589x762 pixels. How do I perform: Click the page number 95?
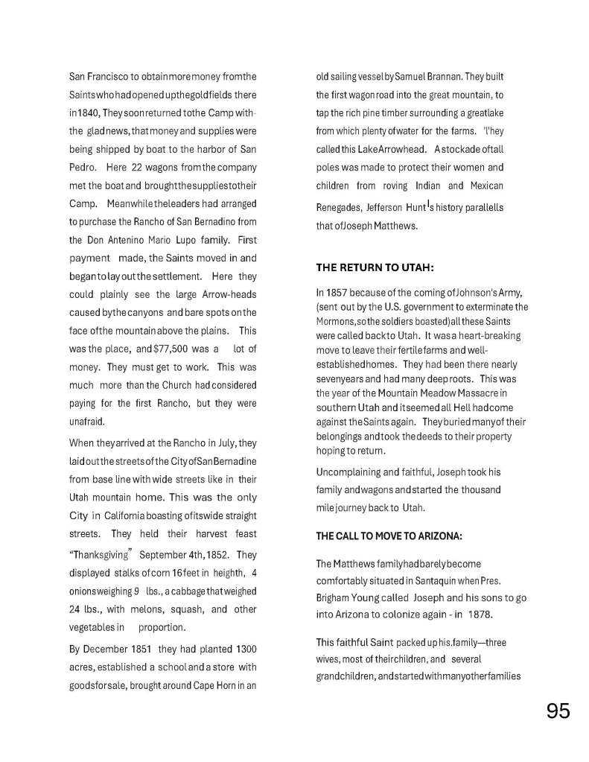click(x=558, y=711)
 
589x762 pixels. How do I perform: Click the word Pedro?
click(x=82, y=167)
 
